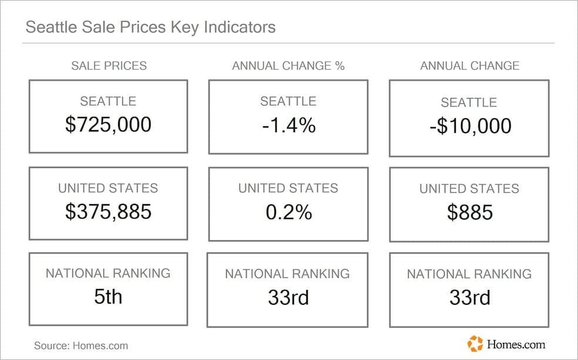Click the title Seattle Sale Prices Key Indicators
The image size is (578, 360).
coord(150,27)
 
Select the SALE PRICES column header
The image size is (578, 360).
coord(109,66)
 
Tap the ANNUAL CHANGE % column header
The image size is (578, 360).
coord(288,66)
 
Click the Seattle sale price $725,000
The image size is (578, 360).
coord(108,125)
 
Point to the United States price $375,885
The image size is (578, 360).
coord(108,211)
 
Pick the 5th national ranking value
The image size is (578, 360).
coord(108,297)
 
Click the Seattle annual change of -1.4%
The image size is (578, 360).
coord(288,125)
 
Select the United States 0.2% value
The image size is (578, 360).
coord(288,212)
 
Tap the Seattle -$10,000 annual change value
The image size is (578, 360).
coord(469,126)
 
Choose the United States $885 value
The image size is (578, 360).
coord(469,213)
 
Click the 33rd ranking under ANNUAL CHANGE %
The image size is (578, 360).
coord(288,298)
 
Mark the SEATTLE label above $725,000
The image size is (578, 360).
coord(108,102)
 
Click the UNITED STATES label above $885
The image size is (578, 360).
coord(469,189)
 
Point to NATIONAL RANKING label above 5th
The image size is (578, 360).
coord(108,273)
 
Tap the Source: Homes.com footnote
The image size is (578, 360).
coord(80,345)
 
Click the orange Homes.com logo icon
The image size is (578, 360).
coord(475,343)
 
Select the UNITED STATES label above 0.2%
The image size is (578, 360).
coord(288,189)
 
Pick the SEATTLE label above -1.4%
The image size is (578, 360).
coord(288,102)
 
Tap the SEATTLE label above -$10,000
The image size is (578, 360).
coord(469,103)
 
